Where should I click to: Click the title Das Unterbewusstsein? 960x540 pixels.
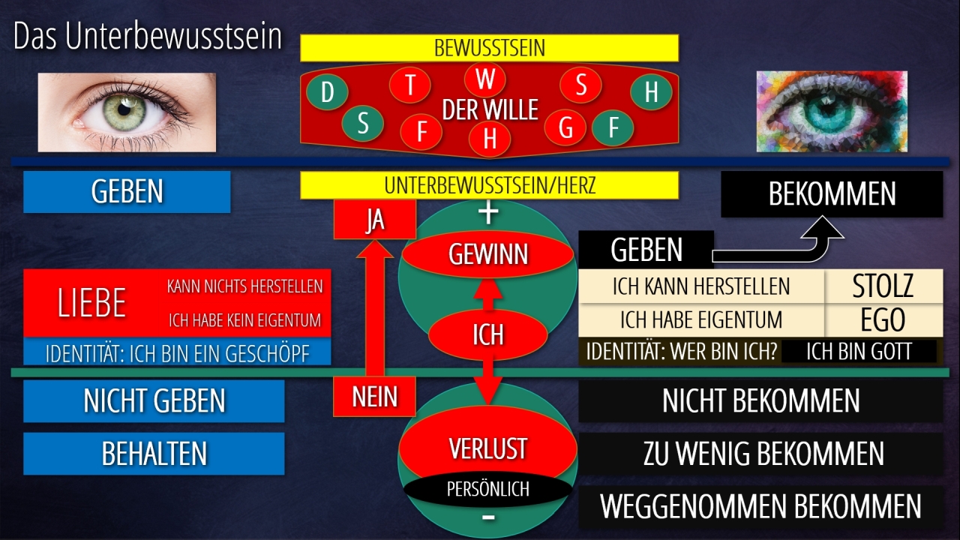coord(148,37)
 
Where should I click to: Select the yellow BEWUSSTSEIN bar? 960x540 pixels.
coord(489,48)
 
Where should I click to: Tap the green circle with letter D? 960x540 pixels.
coord(327,92)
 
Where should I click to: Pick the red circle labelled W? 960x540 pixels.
coord(485,79)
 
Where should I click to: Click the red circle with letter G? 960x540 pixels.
coord(565,127)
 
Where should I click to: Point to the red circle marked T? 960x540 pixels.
coord(409,85)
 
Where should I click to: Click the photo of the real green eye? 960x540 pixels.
coord(127,112)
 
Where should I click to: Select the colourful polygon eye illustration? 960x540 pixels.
coord(831,112)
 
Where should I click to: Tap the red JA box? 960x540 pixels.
coord(374,220)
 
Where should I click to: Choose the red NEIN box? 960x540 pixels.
coord(374,396)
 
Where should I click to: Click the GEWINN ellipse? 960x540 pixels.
coord(488,255)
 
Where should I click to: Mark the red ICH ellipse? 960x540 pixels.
coord(487,334)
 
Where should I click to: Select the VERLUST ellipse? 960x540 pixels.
coord(487,448)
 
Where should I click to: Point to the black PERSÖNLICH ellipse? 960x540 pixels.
coord(487,489)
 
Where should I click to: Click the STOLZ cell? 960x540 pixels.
coord(883,286)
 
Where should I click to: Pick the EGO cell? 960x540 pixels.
coord(883,320)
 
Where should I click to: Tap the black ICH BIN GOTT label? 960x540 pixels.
coord(859,352)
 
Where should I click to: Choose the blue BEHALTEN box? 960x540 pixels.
coord(154,454)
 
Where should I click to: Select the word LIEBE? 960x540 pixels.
coord(91,302)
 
